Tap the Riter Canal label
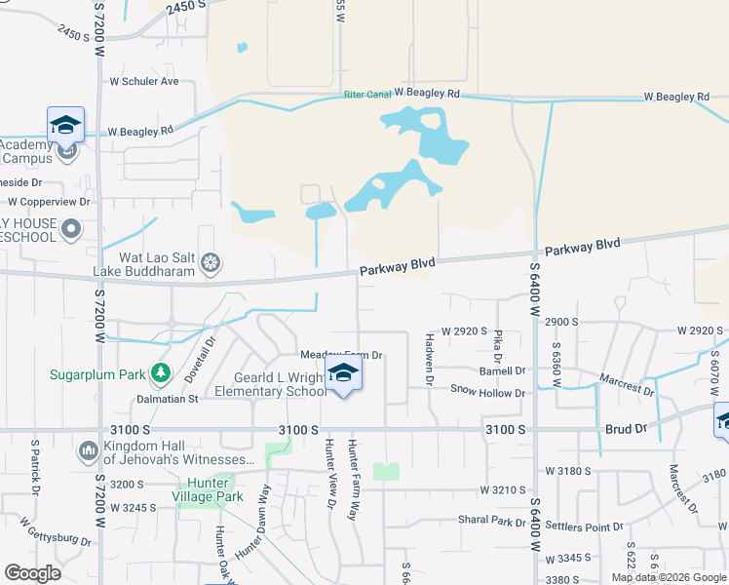pos(367,96)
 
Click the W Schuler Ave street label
pos(150,81)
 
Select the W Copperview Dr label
pos(49,202)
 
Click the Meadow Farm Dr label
pos(340,356)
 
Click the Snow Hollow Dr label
pos(487,392)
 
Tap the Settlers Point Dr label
pos(585,527)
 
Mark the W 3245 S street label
pos(134,507)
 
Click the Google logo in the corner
pos(32,573)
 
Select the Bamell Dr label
pos(502,370)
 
